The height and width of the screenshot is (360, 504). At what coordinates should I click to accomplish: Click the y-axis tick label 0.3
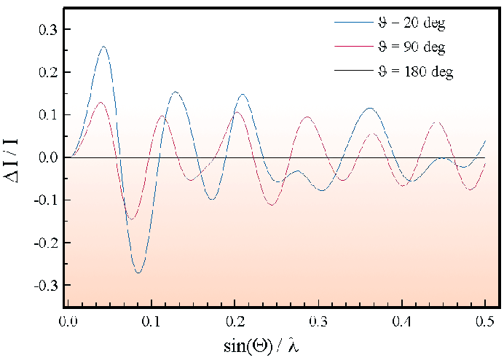47,30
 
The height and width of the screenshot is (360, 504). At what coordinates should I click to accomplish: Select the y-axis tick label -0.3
45,284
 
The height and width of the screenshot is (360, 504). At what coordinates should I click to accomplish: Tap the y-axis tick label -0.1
45,200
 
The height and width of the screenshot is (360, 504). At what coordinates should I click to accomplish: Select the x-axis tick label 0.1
151,320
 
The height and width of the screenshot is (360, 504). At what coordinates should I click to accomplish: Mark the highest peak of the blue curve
104,47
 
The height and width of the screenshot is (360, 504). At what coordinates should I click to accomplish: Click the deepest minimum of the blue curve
138,273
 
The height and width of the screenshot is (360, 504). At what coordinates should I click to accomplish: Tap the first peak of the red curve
101,102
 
